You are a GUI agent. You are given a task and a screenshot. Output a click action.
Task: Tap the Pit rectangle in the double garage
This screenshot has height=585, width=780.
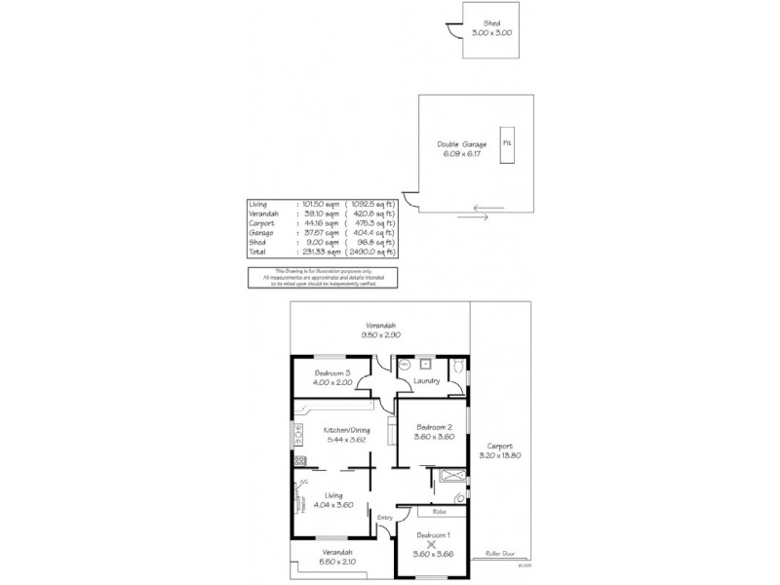(507, 142)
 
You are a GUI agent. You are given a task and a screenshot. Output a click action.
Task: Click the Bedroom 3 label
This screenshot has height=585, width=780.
(332, 373)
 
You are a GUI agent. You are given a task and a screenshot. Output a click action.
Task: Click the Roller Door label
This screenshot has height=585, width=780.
(500, 553)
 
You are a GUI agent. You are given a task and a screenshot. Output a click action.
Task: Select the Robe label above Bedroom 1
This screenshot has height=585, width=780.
(439, 510)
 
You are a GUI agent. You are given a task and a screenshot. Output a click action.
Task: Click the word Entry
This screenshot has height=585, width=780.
(385, 517)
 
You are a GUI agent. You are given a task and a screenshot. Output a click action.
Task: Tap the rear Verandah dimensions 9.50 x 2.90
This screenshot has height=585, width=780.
(382, 334)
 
